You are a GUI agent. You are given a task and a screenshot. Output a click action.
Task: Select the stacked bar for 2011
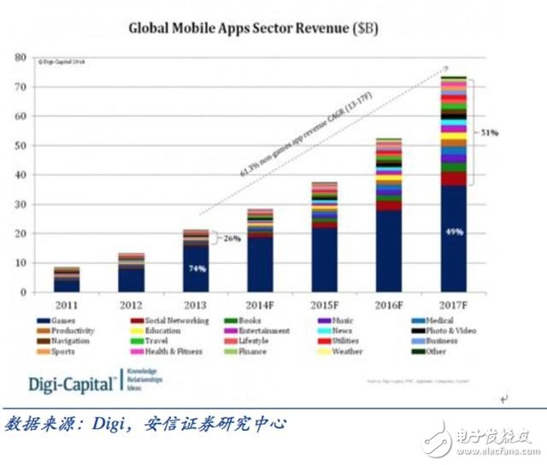(x=68, y=280)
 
